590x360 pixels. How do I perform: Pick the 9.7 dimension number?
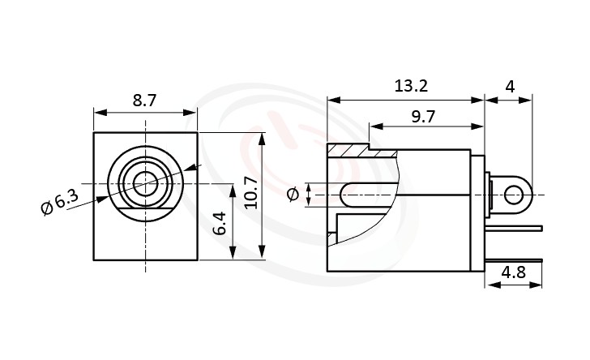point(423,116)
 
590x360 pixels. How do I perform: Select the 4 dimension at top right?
point(508,87)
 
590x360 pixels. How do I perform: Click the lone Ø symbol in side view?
point(293,195)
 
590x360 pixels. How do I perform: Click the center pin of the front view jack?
point(146,183)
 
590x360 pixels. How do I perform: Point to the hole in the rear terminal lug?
point(515,195)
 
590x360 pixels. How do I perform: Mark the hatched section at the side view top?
point(348,151)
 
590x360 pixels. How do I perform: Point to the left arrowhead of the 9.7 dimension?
point(373,126)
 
